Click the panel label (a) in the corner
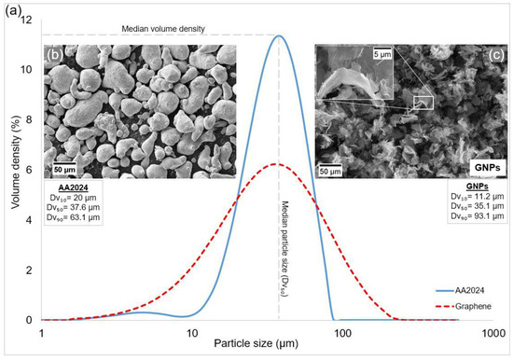[10, 8]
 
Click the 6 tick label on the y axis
[32, 170]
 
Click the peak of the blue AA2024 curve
[277, 35]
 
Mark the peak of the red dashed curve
[275, 164]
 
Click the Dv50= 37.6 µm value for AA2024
[74, 208]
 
